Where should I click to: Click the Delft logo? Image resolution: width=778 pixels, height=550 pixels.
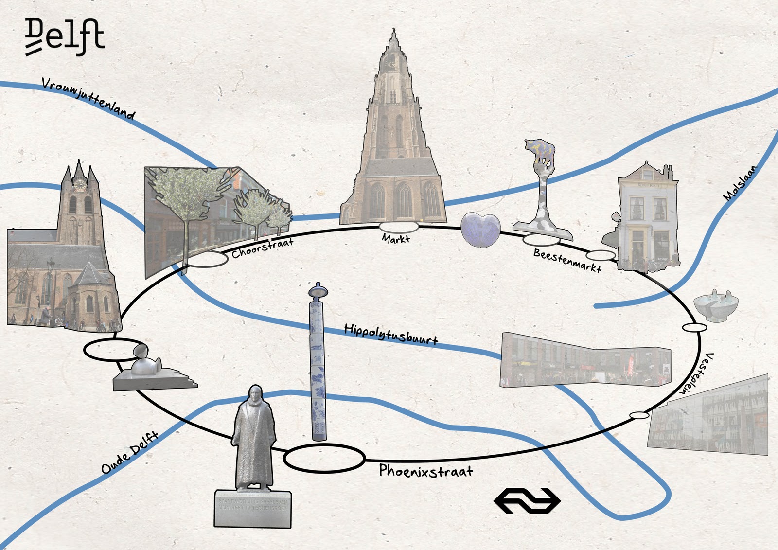pos(65,37)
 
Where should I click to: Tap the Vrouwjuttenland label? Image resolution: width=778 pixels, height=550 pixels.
pos(88,98)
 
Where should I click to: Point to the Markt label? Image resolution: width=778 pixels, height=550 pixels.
pos(396,238)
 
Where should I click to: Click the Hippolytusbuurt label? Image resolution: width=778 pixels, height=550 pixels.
pos(391,334)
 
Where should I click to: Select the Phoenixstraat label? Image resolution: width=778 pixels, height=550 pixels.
pos(426,471)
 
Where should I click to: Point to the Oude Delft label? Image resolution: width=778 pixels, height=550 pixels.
pos(130,452)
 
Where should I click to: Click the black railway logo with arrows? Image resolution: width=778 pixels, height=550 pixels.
pos(527,500)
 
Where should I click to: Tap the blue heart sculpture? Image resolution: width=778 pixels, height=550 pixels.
pos(480,230)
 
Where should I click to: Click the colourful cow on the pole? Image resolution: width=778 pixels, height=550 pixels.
pos(541,151)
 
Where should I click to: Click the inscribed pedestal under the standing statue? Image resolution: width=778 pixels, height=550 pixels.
pos(253,508)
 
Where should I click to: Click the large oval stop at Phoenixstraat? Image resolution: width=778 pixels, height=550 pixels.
pos(324,458)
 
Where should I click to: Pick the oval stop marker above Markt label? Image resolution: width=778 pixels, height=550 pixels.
pos(399,227)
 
